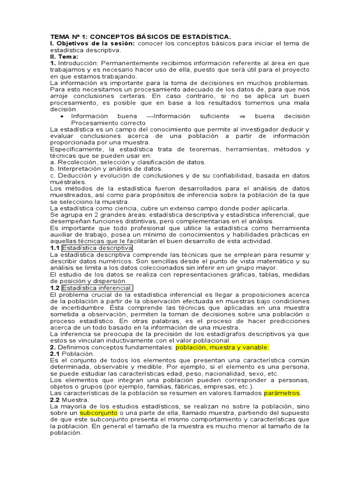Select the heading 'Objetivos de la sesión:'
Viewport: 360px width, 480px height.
96,44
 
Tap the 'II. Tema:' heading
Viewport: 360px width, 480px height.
65,56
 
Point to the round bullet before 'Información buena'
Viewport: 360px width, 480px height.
63,116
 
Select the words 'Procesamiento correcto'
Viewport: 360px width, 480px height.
102,123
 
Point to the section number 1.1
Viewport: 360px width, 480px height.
54,248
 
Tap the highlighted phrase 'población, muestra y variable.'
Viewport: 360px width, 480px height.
222,347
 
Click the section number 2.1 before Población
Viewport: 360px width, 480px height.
54,354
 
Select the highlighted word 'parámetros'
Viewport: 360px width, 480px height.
282,393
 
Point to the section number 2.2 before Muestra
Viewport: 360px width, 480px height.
54,400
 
